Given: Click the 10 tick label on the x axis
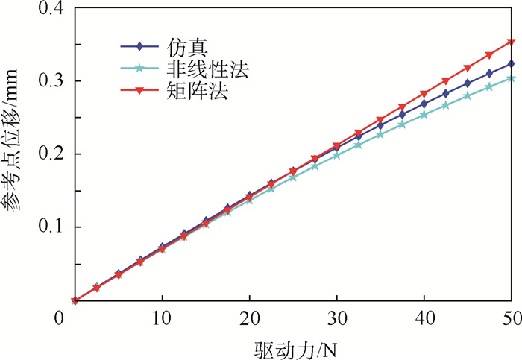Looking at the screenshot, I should tap(162, 319).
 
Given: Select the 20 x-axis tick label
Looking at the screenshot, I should tap(249, 319).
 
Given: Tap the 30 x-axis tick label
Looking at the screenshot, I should tap(337, 319).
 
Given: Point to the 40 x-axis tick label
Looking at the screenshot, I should tap(424, 319).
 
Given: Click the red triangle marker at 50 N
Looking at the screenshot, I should tap(512, 42).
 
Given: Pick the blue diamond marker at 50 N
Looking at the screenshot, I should tap(512, 64).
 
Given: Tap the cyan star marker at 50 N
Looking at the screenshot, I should tap(512, 78).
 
